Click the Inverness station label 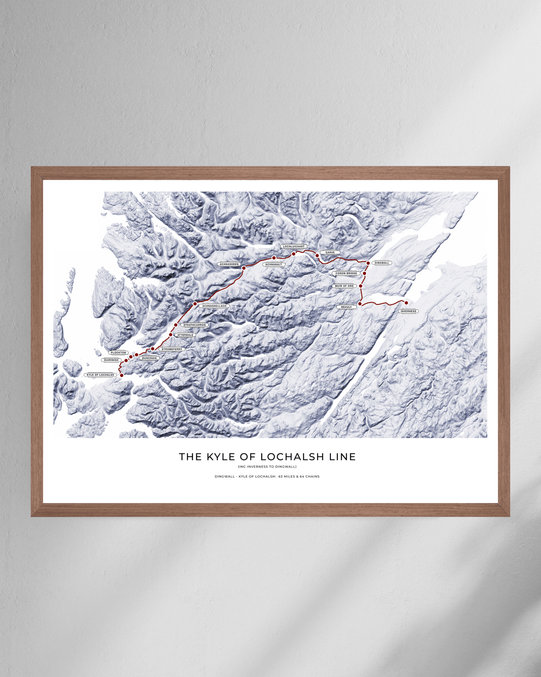[x=408, y=311]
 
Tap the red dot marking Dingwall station [x=368, y=263]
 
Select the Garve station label [x=330, y=253]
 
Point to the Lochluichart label [x=294, y=247]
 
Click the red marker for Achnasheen [x=244, y=268]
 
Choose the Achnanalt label [x=273, y=265]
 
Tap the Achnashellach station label [x=214, y=306]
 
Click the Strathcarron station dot [x=176, y=325]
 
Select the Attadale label [x=185, y=335]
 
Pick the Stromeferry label [x=172, y=349]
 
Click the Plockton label [x=118, y=353]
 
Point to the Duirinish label [x=111, y=360]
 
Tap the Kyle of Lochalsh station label [x=100, y=375]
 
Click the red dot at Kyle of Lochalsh [x=122, y=375]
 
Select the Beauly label [x=346, y=307]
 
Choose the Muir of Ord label [x=344, y=286]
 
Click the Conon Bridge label [x=346, y=273]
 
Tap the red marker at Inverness [x=406, y=303]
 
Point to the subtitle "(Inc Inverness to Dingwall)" [x=267, y=467]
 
